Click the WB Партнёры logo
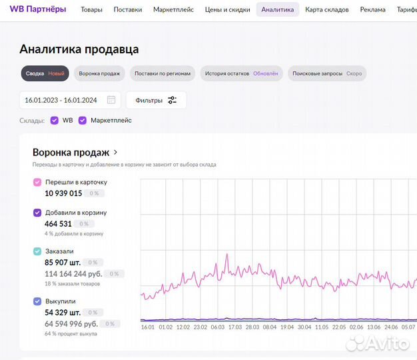point(37,9)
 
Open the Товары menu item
point(92,10)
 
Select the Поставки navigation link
point(128,10)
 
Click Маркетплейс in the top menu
point(173,10)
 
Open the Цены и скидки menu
point(228,10)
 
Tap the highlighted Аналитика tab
point(277,10)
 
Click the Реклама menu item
point(373,10)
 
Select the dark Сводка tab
point(45,73)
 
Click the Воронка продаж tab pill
point(99,73)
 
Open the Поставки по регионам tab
point(163,73)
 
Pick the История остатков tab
point(241,73)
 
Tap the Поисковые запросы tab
point(327,73)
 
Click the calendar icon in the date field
point(111,100)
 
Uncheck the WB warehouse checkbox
point(55,121)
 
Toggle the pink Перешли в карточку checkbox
point(37,182)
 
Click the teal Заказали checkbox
point(37,251)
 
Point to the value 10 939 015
point(63,193)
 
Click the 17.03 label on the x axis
point(234,327)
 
